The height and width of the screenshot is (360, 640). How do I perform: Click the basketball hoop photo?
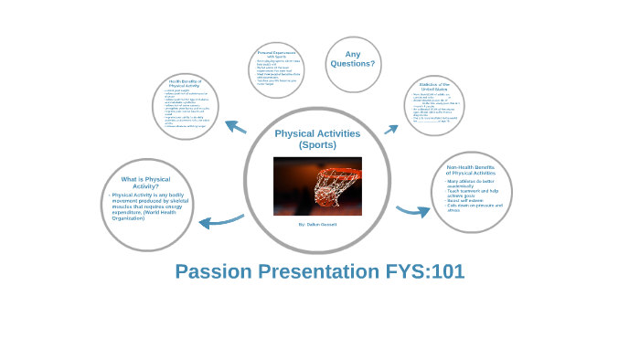tap(317, 185)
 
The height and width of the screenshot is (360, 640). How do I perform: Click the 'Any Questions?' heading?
tap(353, 58)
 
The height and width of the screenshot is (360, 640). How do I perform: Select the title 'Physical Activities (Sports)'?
tap(317, 139)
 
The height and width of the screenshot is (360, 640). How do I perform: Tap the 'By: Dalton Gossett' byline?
tap(317, 224)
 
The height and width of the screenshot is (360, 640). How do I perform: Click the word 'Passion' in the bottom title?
tap(214, 271)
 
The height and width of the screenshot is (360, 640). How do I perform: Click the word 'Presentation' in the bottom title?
tap(314, 271)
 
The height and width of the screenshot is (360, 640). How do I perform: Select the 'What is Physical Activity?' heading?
tap(145, 183)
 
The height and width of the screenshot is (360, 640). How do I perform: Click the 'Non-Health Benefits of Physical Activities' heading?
tap(471, 170)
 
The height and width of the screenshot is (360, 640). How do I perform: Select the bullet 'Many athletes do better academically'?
tap(470, 183)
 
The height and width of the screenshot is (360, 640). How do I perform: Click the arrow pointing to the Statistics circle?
tap(391, 129)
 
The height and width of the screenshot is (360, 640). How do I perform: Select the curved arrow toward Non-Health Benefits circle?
tap(412, 211)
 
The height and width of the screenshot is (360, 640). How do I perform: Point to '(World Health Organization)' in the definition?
tap(142, 216)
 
